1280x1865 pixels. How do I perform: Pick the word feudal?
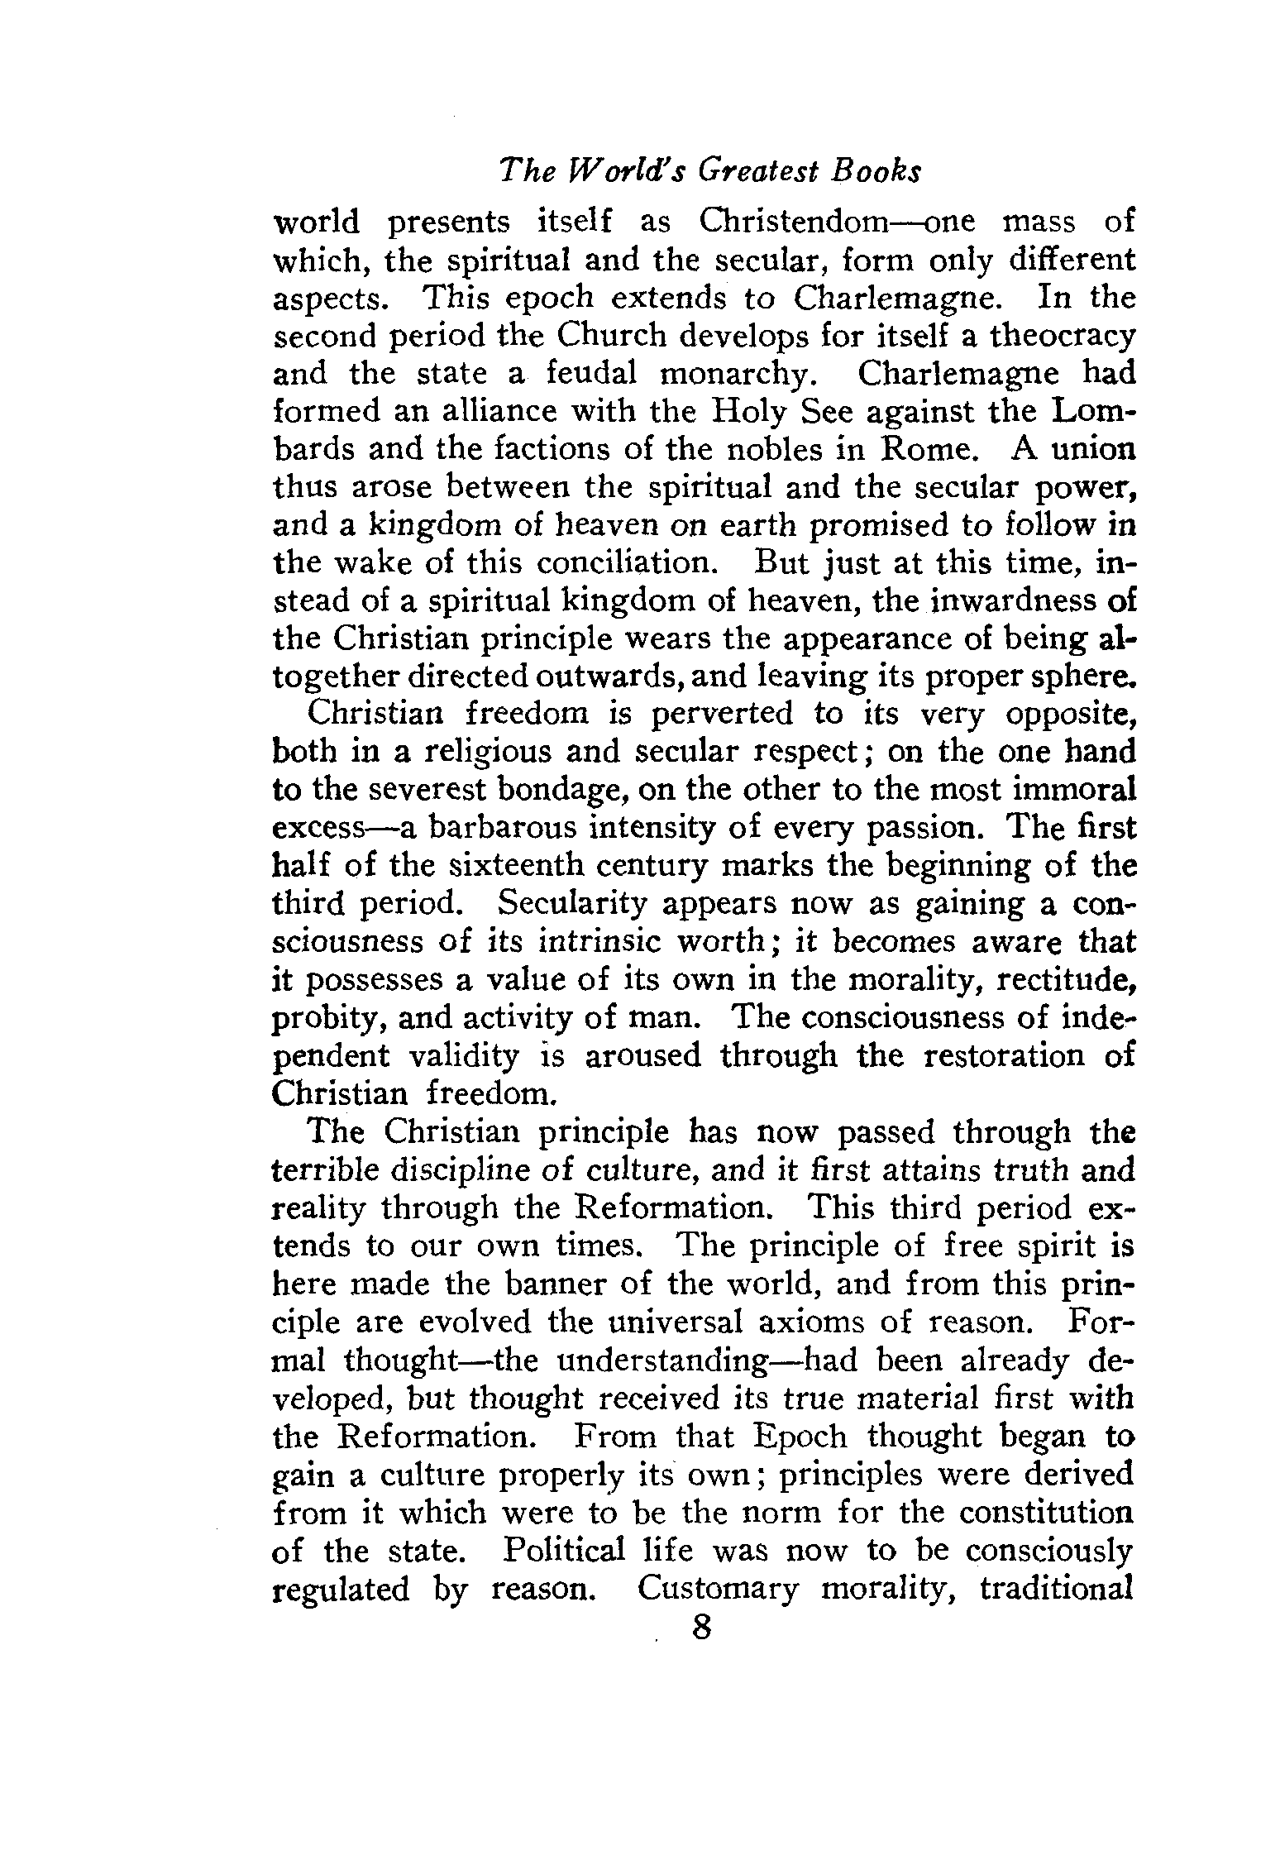point(591,374)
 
